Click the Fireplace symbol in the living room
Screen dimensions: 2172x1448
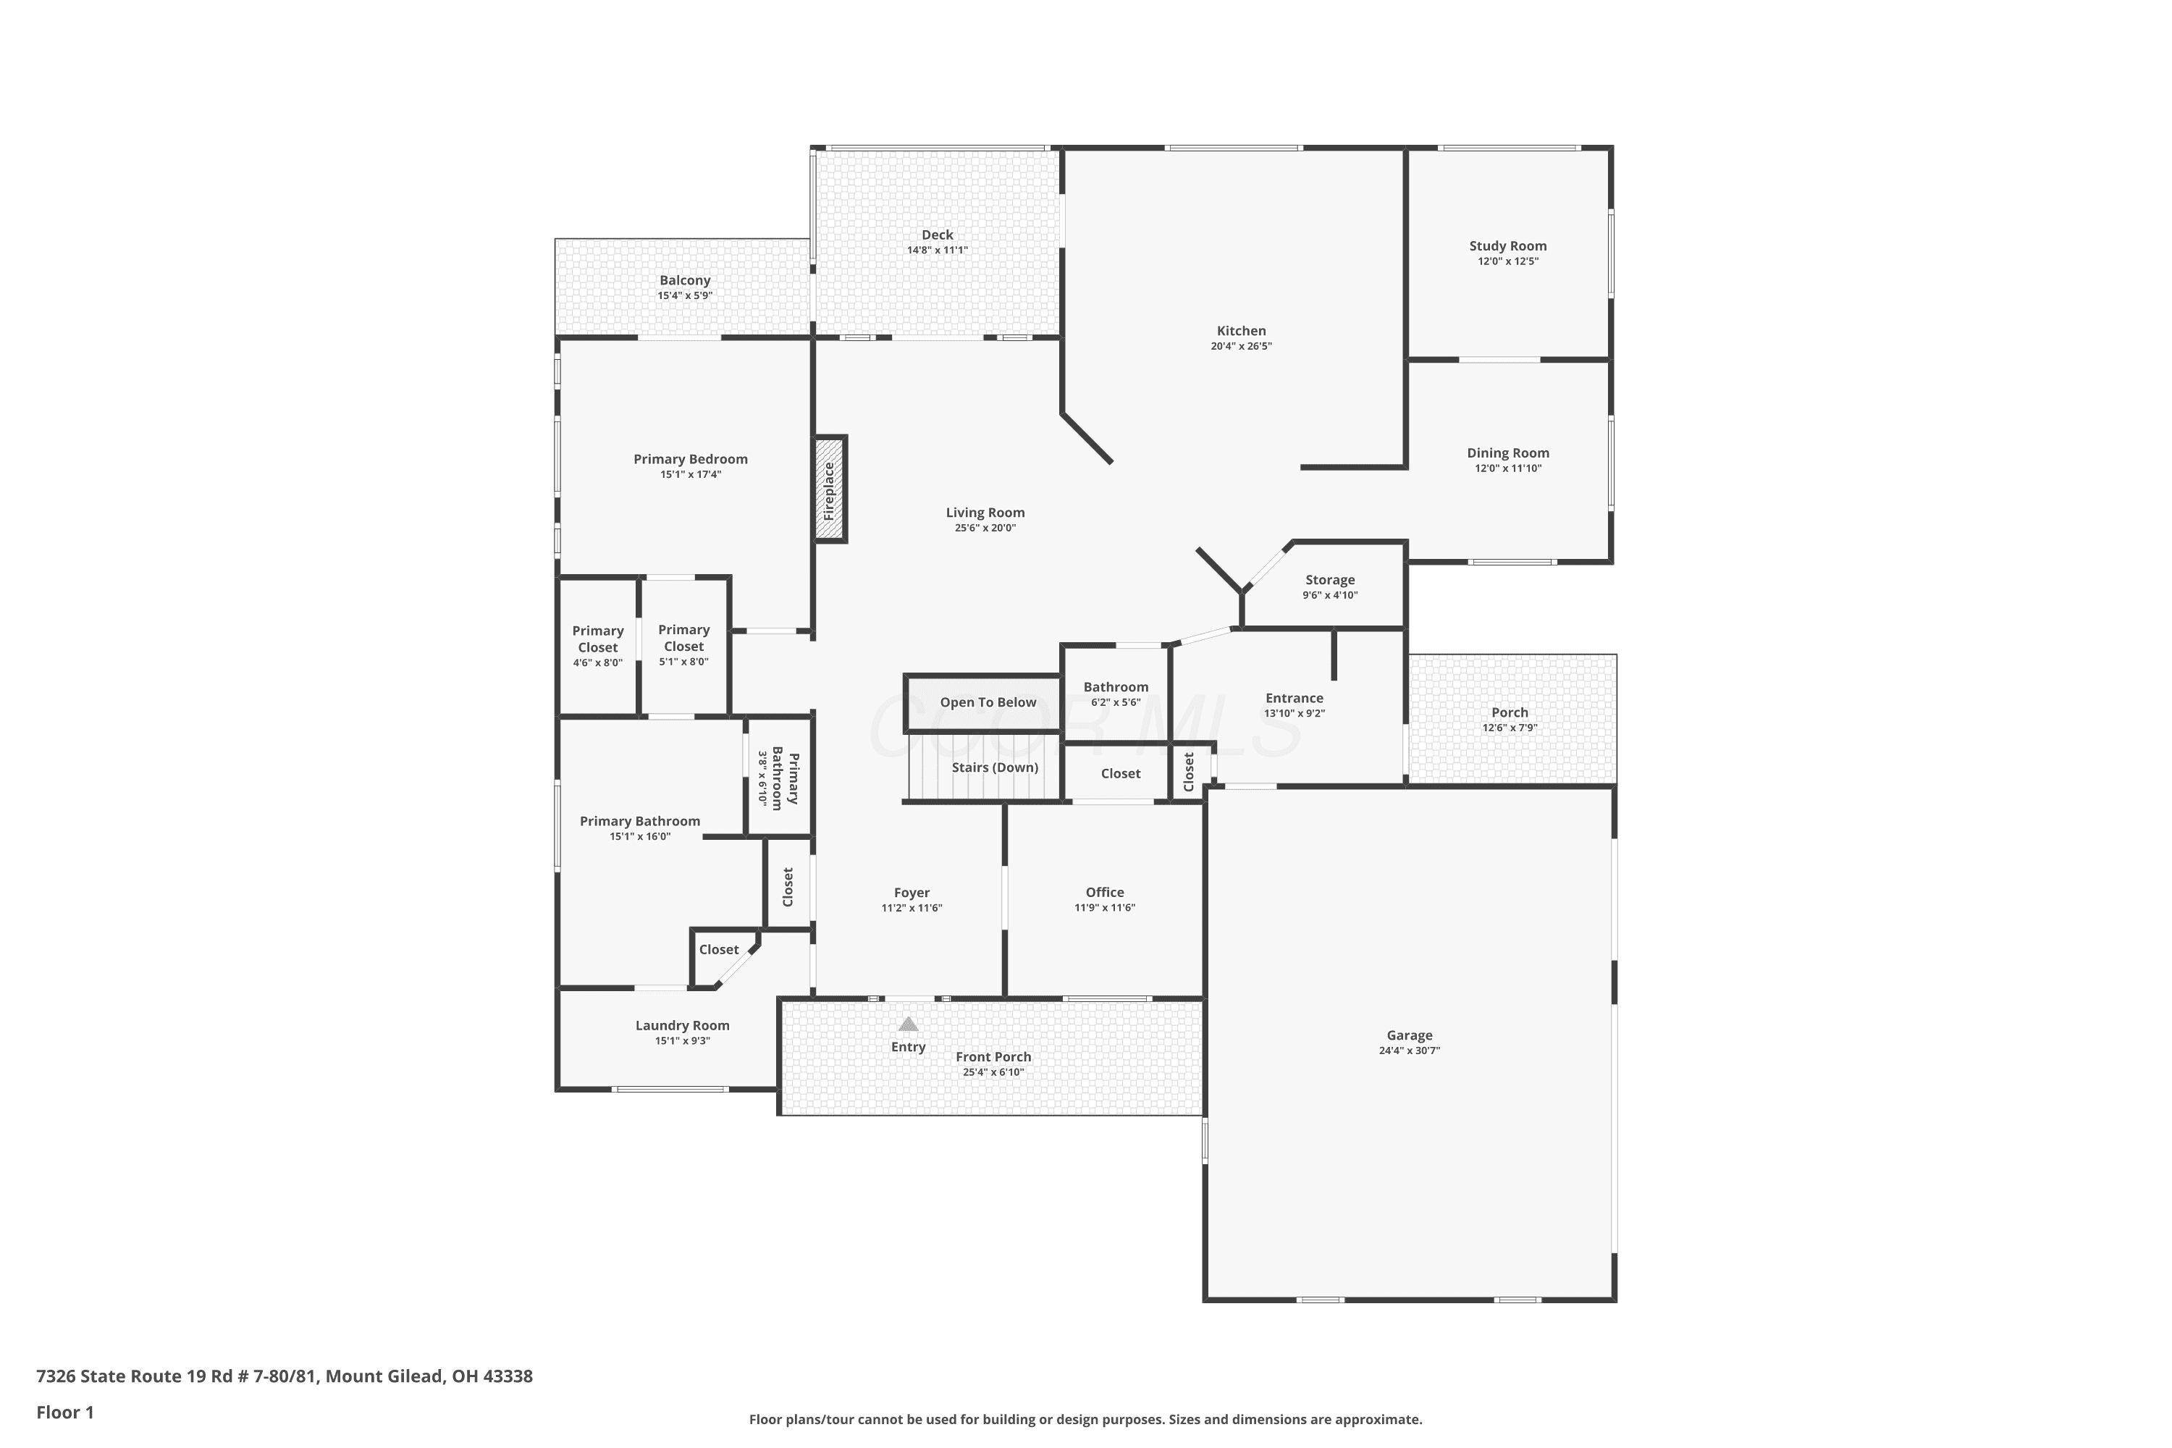pos(829,489)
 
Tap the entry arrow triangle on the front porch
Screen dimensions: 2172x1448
pos(909,1023)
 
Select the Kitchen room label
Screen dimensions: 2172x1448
pos(1241,331)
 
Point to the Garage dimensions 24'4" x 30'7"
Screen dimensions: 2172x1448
pos(1409,1050)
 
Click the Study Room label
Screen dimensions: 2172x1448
pos(1508,245)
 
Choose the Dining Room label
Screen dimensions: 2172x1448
pos(1508,452)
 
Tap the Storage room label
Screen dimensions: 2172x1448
pos(1330,580)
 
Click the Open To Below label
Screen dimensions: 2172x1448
pos(988,702)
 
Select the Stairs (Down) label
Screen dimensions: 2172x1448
pos(995,767)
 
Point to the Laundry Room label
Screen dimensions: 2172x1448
pos(683,1025)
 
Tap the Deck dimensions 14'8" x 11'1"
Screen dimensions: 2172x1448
pos(938,251)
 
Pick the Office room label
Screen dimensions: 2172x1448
pos(1105,892)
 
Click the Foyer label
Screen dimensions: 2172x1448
pos(912,892)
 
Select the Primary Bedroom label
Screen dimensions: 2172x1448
pos(691,459)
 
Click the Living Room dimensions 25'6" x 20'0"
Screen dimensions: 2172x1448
pos(985,529)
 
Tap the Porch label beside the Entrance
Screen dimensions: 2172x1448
pos(1510,712)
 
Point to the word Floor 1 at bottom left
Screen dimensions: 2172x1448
pos(64,1412)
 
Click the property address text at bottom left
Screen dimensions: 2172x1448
pos(285,1376)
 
